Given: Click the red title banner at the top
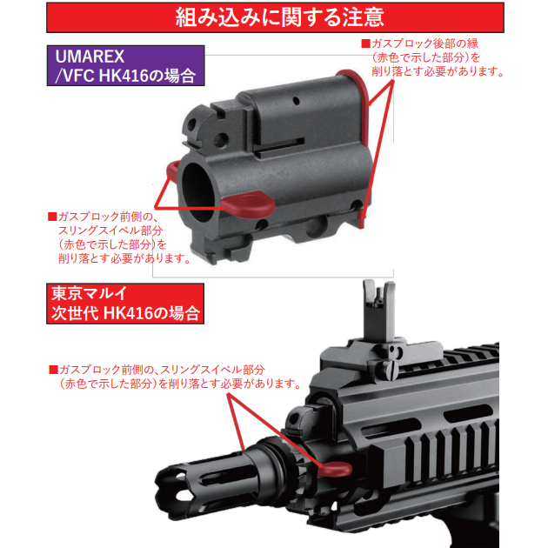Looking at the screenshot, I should coord(273,17).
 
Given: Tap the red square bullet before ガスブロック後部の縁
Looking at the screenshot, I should coord(365,43).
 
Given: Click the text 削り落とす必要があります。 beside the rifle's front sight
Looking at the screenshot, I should coord(231,383).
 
